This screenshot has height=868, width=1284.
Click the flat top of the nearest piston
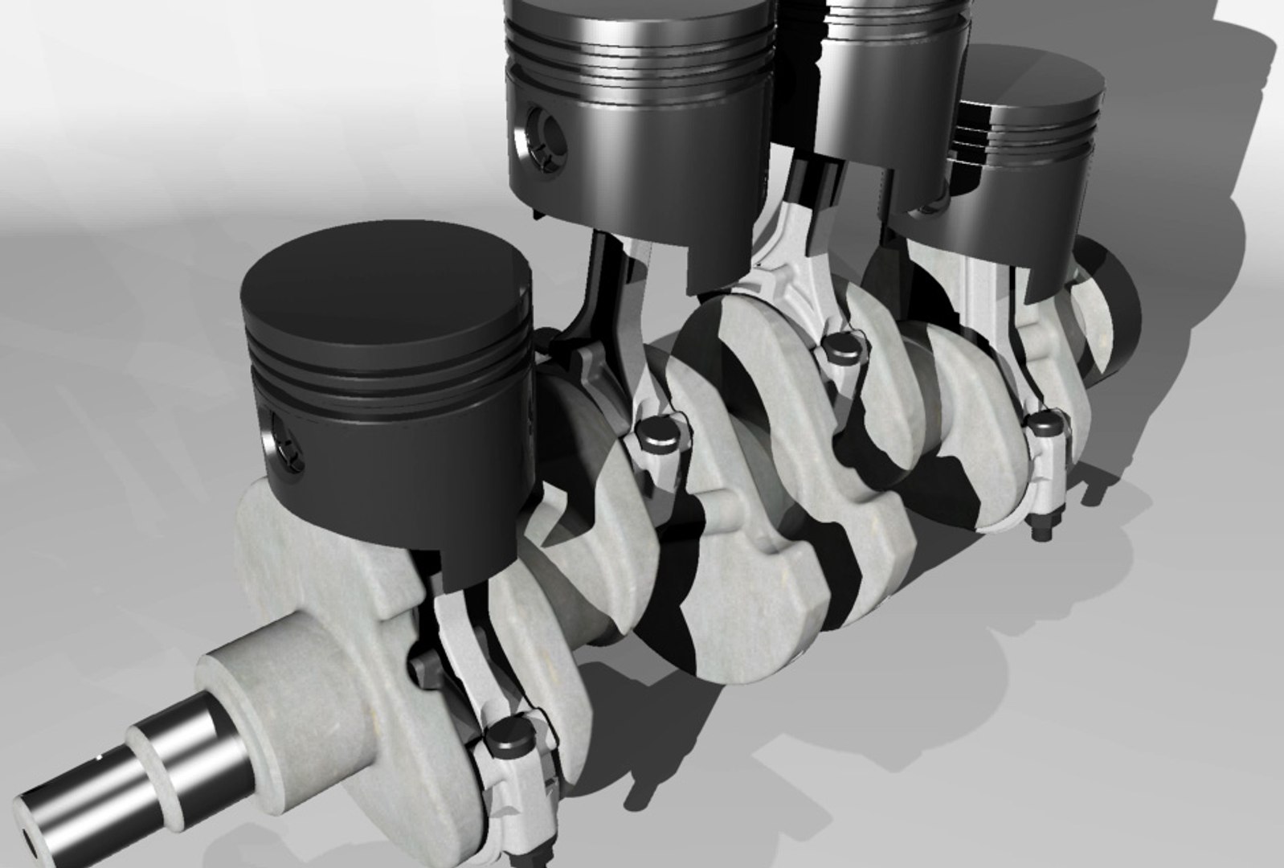(386, 277)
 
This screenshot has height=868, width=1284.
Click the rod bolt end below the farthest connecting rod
(1036, 531)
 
